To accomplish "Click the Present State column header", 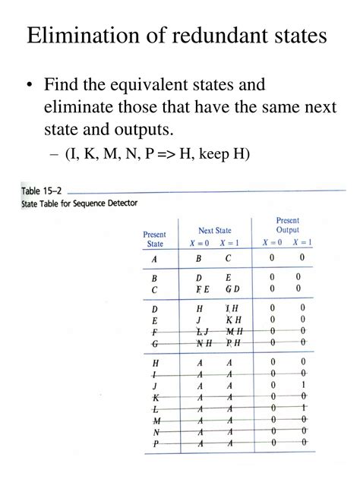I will coord(154,239).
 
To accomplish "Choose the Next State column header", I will coord(214,231).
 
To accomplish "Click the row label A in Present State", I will coord(154,258).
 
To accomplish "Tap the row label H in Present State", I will coord(155,363).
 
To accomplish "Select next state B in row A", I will coord(199,258).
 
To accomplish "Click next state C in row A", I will coord(227,258).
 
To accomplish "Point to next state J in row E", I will coord(199,320).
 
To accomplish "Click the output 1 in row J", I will coord(303,385).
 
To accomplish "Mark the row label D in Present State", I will coord(154,309).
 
